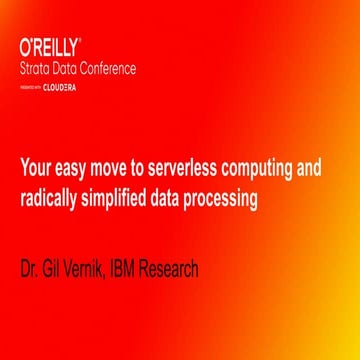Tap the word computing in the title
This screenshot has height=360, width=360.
[x=257, y=169]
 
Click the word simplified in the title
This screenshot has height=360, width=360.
[x=121, y=198]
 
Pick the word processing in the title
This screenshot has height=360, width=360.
[x=223, y=198]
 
